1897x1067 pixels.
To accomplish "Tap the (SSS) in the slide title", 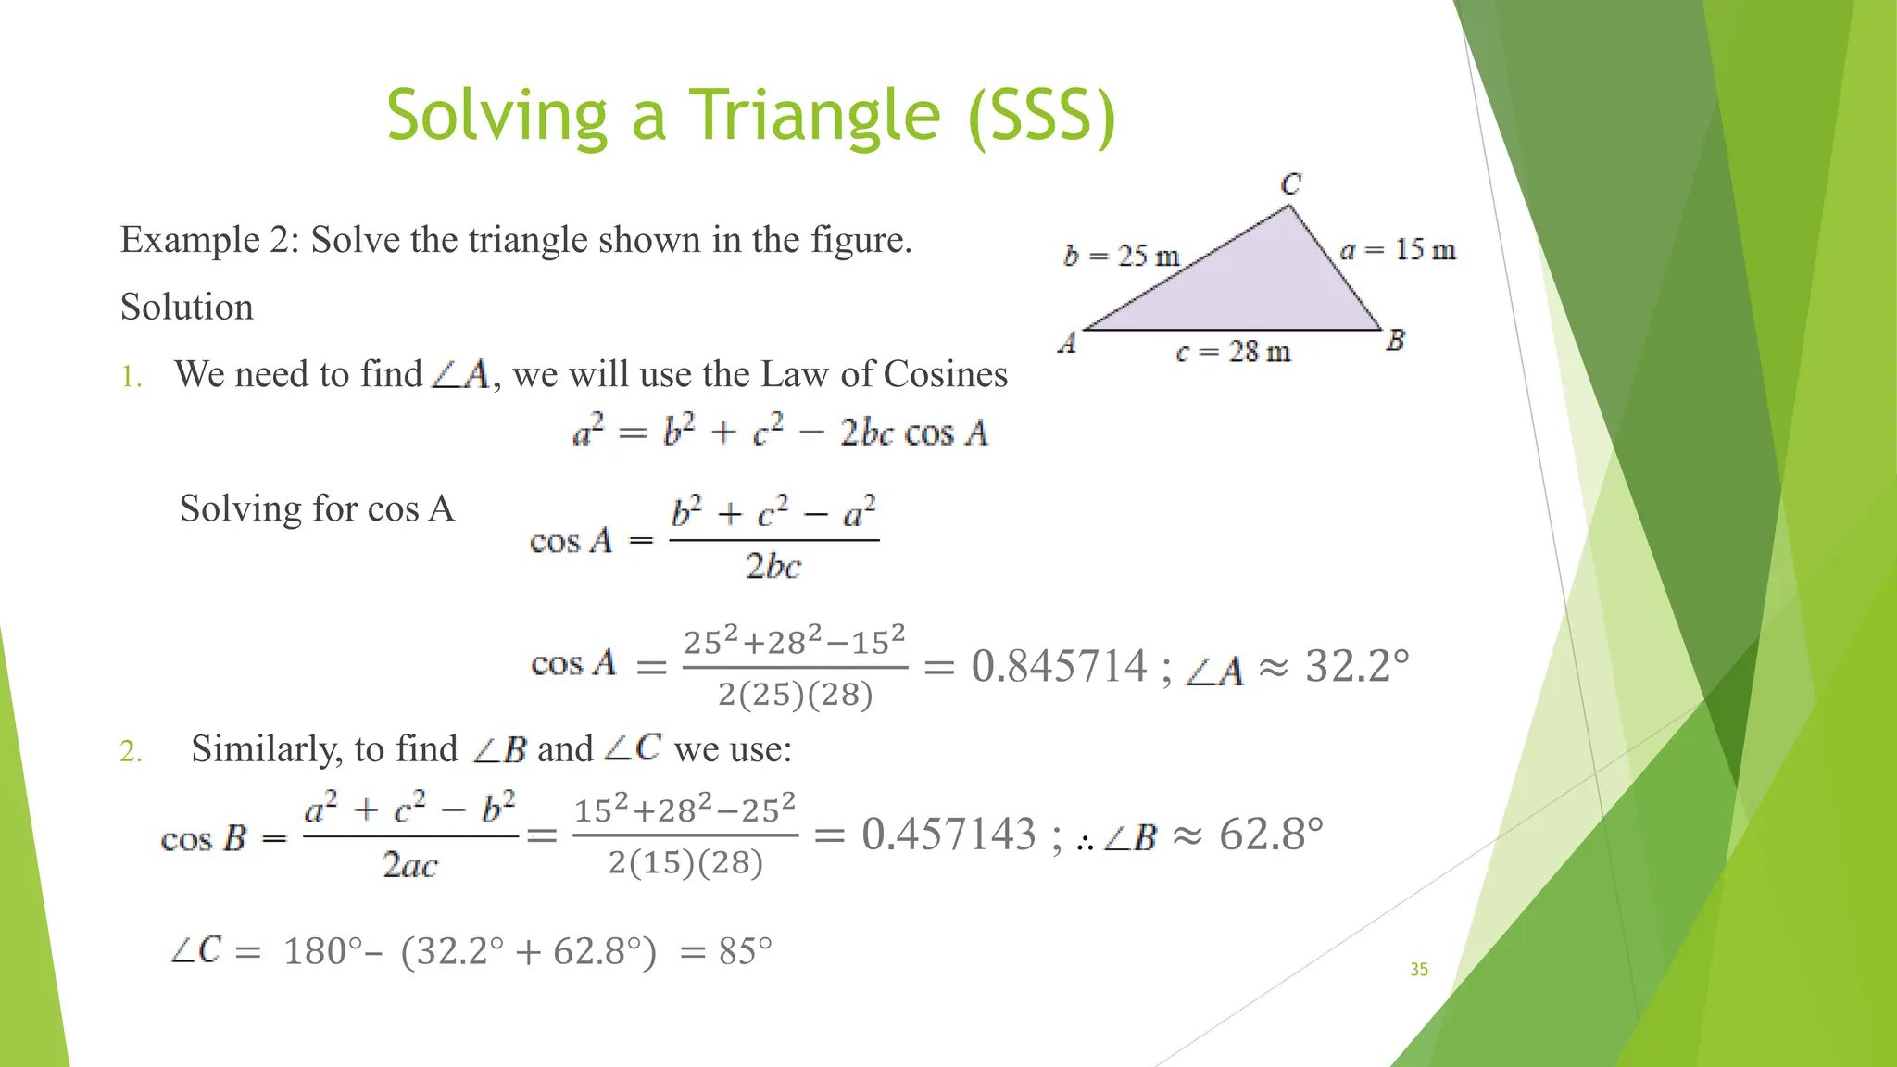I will pos(1041,116).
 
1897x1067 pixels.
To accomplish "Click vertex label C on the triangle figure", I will pos(1290,184).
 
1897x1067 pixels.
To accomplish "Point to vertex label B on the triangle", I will pos(1395,341).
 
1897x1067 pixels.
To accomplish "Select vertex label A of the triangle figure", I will pos(1067,344).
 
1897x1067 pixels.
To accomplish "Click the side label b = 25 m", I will pos(1121,256).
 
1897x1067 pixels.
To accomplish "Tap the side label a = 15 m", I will pos(1398,250).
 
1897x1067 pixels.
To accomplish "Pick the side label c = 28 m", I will pos(1233,352).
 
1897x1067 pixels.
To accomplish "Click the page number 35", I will pos(1419,969).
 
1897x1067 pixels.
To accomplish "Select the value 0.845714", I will pos(1059,666).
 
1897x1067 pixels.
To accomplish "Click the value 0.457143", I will pos(948,834).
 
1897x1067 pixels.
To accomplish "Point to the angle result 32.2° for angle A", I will pos(1357,666).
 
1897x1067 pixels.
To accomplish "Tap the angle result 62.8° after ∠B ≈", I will pos(1271,834).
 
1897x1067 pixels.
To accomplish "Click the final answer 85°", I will pos(745,951).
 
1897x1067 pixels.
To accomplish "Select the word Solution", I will pos(186,307).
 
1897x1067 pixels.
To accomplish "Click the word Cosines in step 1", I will pos(945,374).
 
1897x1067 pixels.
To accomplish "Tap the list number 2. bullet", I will pos(131,750).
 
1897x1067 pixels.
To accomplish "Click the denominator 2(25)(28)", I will pos(795,694).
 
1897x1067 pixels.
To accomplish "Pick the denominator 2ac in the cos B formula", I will pos(409,865).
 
